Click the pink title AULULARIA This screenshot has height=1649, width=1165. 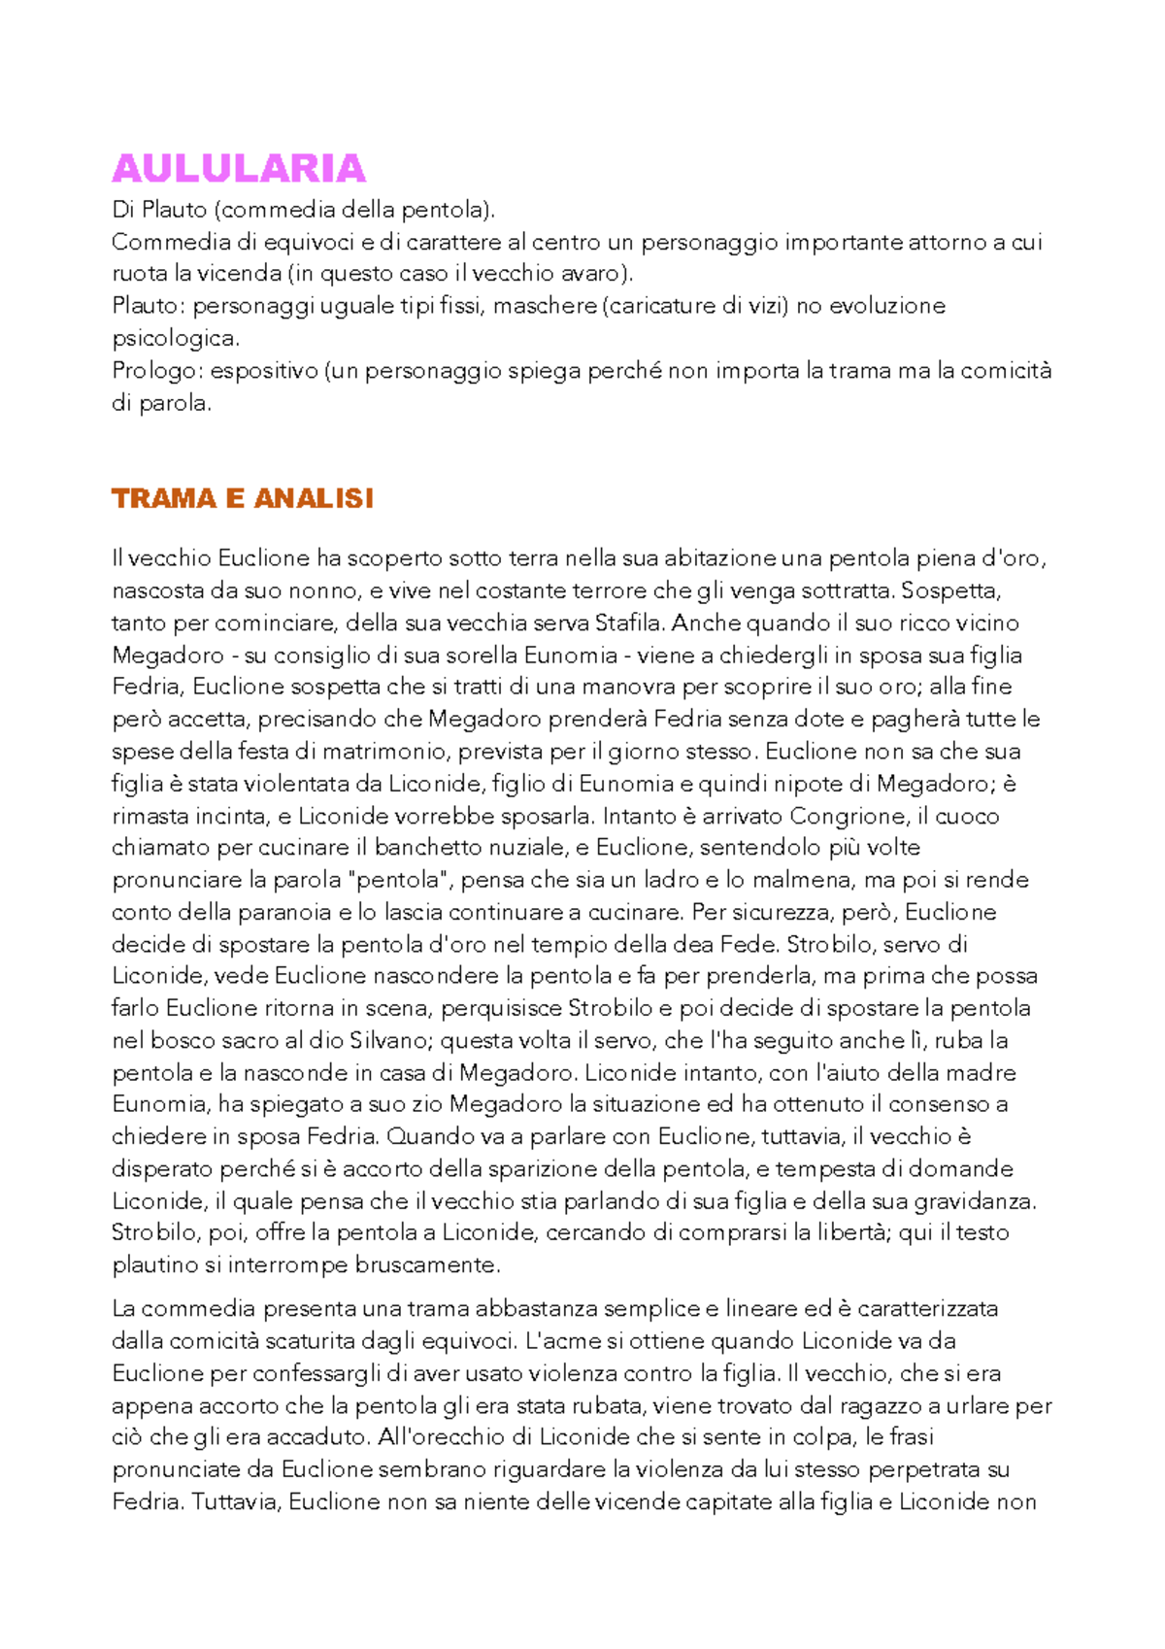pyautogui.click(x=239, y=169)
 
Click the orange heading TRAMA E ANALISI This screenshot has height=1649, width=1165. pyautogui.click(x=242, y=498)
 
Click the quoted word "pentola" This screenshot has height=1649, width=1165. pyautogui.click(x=399, y=880)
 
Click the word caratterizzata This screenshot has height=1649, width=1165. pyautogui.click(x=927, y=1309)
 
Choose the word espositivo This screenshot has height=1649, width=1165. pyautogui.click(x=263, y=371)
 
